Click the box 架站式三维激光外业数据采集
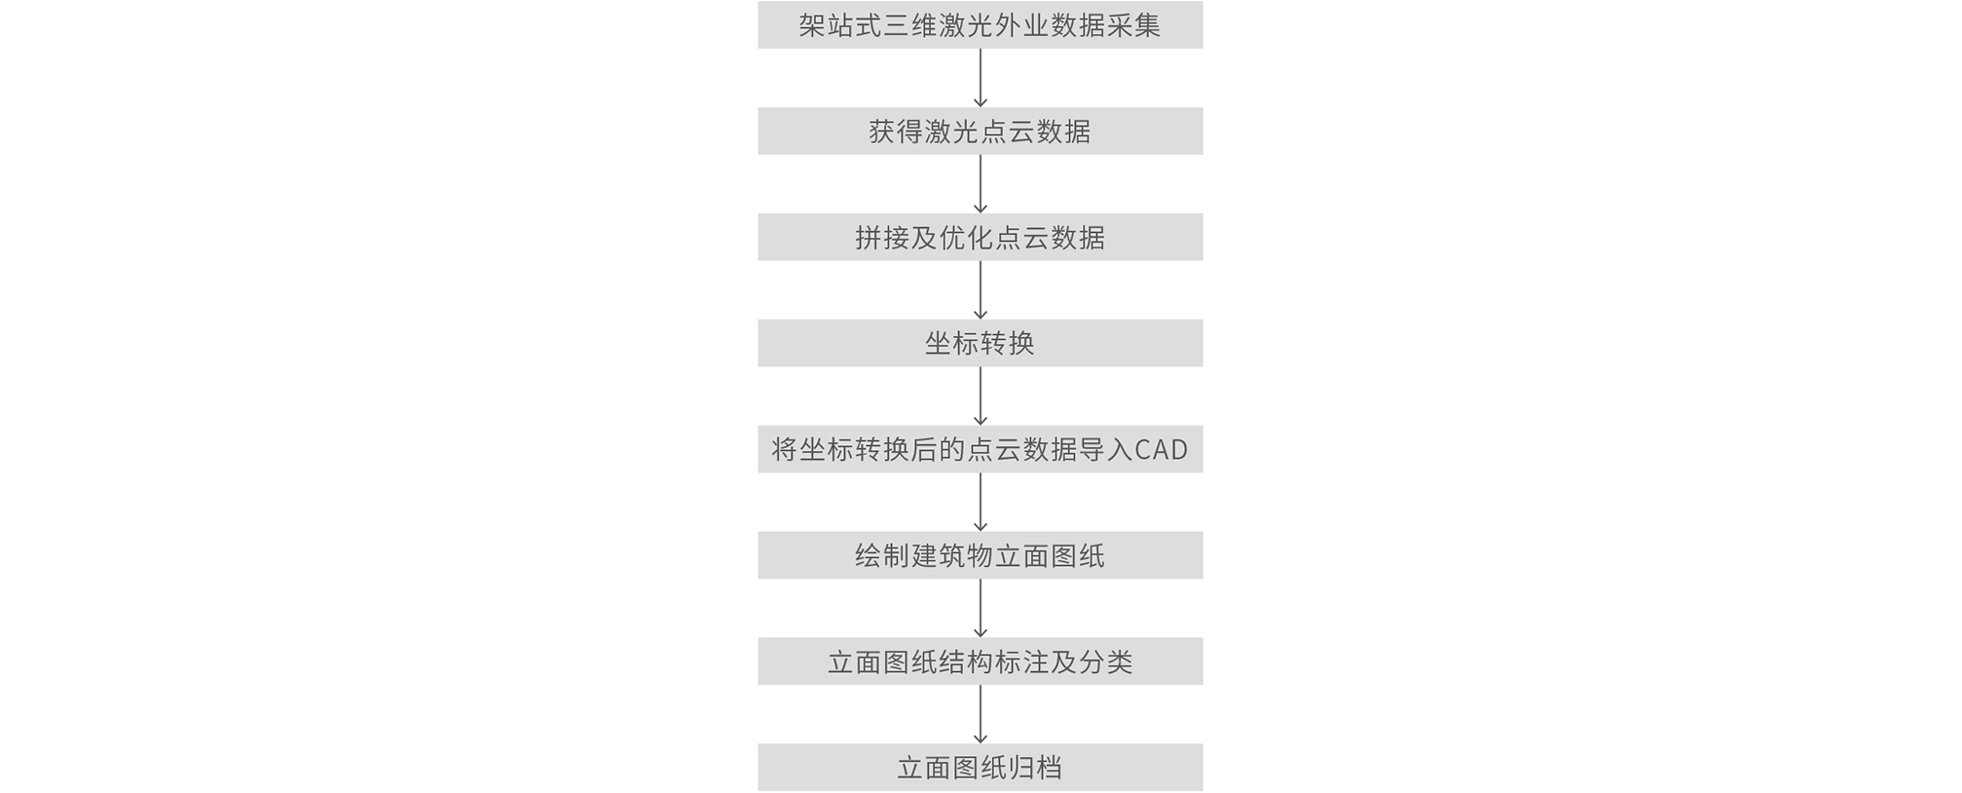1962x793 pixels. click(980, 24)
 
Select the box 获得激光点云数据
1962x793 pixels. click(980, 131)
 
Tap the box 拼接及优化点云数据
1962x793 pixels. click(980, 237)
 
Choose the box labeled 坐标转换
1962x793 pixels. click(980, 343)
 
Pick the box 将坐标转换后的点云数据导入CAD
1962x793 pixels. click(980, 449)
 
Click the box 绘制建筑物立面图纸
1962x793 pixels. click(980, 555)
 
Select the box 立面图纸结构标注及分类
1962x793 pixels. click(980, 661)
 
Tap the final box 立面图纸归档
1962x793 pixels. click(980, 768)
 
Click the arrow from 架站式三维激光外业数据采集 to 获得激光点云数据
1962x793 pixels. click(981, 78)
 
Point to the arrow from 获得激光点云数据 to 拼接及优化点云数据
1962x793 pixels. click(981, 184)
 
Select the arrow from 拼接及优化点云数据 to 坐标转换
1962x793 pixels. click(981, 290)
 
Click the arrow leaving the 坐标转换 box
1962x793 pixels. click(981, 396)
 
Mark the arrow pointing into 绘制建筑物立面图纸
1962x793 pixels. click(981, 503)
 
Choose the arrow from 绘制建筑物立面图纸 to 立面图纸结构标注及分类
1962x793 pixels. click(981, 609)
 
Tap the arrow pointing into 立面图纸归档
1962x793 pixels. click(981, 715)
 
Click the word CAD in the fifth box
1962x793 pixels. click(1162, 450)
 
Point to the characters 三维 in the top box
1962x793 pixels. click(910, 25)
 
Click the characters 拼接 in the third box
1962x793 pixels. click(882, 238)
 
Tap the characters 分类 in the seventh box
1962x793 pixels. click(1105, 662)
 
